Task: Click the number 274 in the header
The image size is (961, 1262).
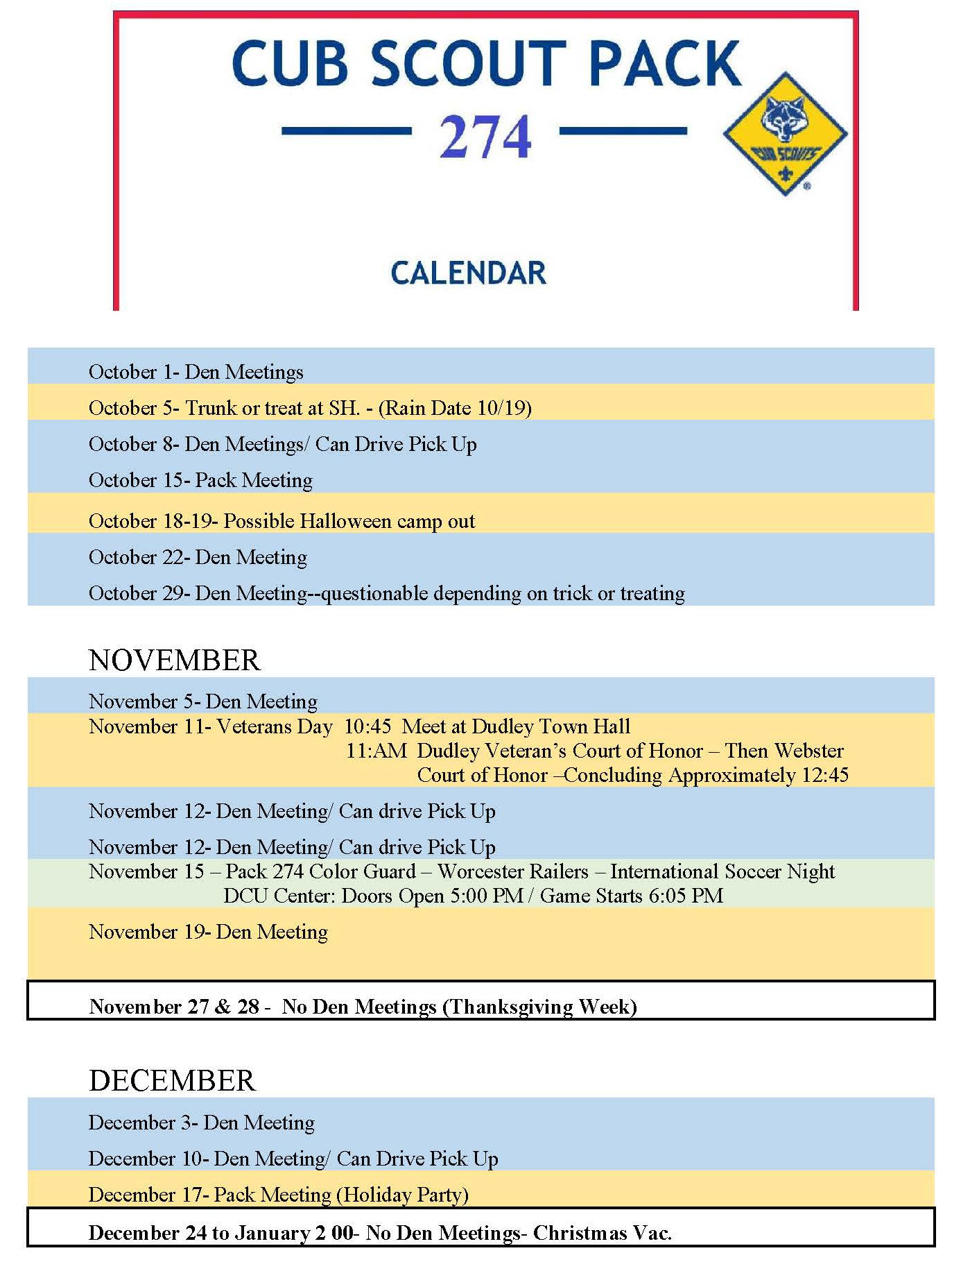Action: coord(485,137)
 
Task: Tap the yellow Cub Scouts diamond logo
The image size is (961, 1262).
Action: coord(784,134)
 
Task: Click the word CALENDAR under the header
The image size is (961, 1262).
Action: coord(469,273)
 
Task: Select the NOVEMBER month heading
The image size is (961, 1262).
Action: coord(175,660)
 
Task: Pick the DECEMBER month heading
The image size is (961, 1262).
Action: coord(172,1080)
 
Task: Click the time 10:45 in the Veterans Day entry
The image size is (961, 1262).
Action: coord(367,726)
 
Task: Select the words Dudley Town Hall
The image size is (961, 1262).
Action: coord(551,726)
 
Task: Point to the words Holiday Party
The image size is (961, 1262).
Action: coord(402,1195)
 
